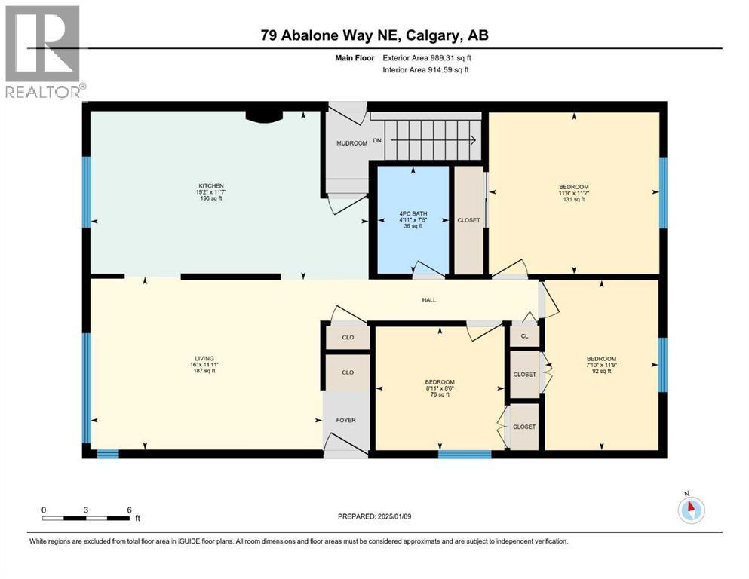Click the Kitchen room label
coord(211,185)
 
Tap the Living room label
coord(204,358)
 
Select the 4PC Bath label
coord(413,213)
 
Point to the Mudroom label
coord(351,143)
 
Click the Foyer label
coord(346,420)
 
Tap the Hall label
coord(429,300)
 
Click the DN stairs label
coord(377,140)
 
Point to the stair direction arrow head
coord(473,140)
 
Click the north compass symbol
coord(691,510)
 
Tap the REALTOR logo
coord(42,51)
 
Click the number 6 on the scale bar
coord(130,510)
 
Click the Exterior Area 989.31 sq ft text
coord(427,58)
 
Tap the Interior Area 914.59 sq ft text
coord(425,69)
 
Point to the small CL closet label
coord(524,336)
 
